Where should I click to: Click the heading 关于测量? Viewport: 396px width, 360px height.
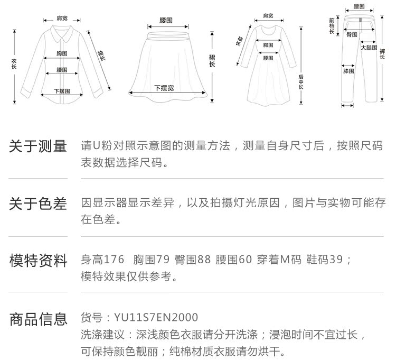pyautogui.click(x=38, y=146)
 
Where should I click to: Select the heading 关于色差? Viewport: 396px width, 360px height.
pyautogui.click(x=38, y=204)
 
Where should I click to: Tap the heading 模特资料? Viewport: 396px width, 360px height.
pyautogui.click(x=38, y=261)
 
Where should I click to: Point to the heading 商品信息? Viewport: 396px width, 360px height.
pyautogui.click(x=38, y=319)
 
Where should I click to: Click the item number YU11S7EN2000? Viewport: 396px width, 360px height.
pyautogui.click(x=156, y=318)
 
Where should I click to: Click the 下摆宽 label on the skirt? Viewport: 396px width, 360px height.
pyautogui.click(x=164, y=87)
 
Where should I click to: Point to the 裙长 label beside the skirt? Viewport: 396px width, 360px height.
pyautogui.click(x=212, y=61)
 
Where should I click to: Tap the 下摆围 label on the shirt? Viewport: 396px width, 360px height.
pyautogui.click(x=62, y=91)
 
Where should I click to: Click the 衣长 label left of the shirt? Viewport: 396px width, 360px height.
pyautogui.click(x=14, y=63)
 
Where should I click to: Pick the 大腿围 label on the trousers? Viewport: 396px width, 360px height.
pyautogui.click(x=368, y=48)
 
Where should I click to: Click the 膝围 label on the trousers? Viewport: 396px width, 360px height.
pyautogui.click(x=348, y=70)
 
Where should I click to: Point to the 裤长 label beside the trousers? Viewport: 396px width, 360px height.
pyautogui.click(x=382, y=53)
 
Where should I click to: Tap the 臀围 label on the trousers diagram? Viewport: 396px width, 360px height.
pyautogui.click(x=352, y=34)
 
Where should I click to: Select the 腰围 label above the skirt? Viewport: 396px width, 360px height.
pyautogui.click(x=166, y=20)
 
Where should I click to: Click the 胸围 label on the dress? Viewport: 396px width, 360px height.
pyautogui.click(x=268, y=44)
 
